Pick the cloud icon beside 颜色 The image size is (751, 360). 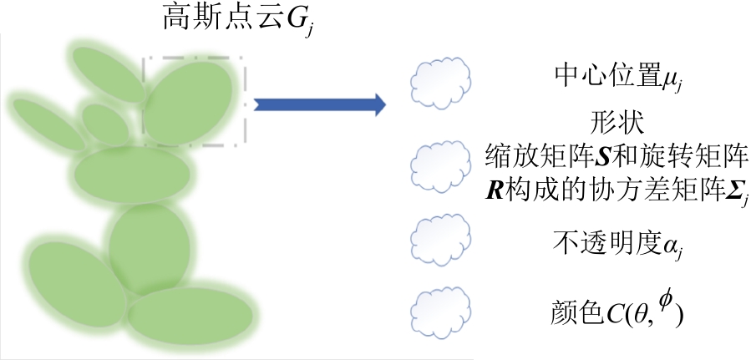(435, 312)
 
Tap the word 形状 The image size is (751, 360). (619, 124)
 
